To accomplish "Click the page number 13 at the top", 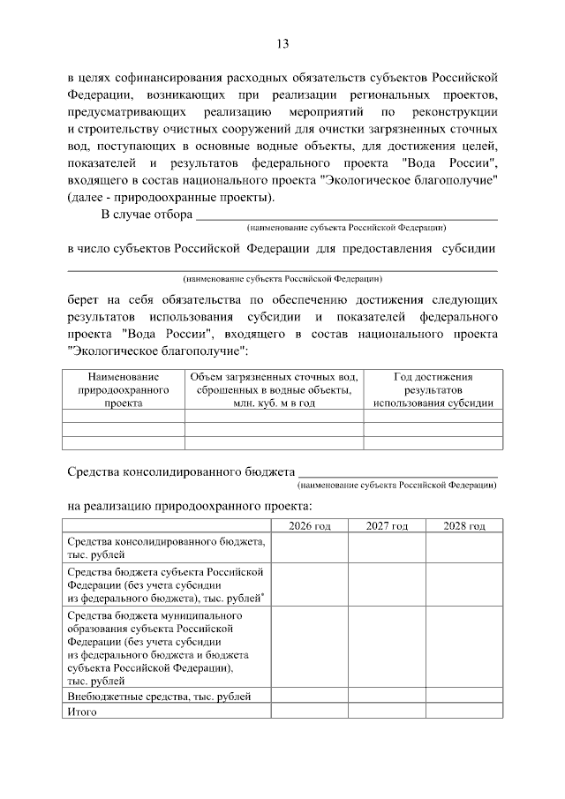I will tap(282, 44).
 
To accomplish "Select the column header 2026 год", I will tap(309, 526).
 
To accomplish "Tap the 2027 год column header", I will tap(386, 526).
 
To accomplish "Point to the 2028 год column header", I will tap(464, 526).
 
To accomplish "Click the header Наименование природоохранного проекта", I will tap(123, 389).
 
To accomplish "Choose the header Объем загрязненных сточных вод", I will tap(274, 389).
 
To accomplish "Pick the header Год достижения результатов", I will tap(433, 389).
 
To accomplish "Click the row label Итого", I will tap(82, 711).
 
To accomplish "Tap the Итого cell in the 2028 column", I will tap(464, 711).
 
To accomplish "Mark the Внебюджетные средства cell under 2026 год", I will tap(309, 697).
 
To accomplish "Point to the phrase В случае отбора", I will tap(146, 214).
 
